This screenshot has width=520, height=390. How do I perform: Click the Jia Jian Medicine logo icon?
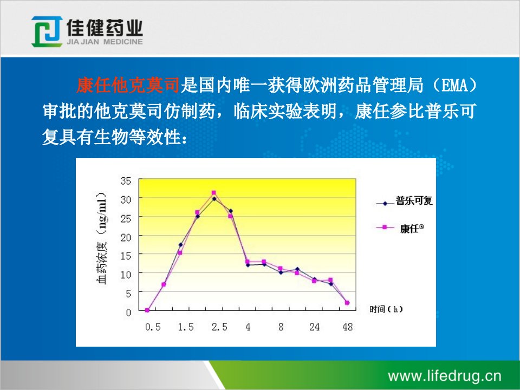[47, 31]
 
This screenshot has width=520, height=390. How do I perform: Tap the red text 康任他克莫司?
[128, 85]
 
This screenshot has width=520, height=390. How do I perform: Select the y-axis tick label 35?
[126, 181]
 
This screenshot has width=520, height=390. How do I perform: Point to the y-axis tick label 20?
[126, 237]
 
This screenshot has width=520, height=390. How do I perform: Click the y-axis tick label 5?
[128, 294]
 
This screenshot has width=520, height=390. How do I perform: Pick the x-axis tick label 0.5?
[153, 327]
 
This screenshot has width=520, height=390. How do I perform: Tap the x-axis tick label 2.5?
[219, 327]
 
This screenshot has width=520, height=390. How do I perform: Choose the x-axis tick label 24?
[314, 327]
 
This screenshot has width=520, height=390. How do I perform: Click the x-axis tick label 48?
[348, 327]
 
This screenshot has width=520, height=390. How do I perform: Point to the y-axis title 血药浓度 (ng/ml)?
[102, 238]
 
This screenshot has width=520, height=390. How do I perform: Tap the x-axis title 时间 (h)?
[386, 309]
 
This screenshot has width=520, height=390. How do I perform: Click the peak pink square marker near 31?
[213, 193]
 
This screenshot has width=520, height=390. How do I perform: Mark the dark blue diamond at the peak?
[214, 199]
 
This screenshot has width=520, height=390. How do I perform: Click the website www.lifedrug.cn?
[444, 376]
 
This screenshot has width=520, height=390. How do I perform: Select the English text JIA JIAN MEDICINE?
[105, 42]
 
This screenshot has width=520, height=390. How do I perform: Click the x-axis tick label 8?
[281, 327]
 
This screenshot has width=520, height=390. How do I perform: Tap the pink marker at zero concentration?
[147, 310]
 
